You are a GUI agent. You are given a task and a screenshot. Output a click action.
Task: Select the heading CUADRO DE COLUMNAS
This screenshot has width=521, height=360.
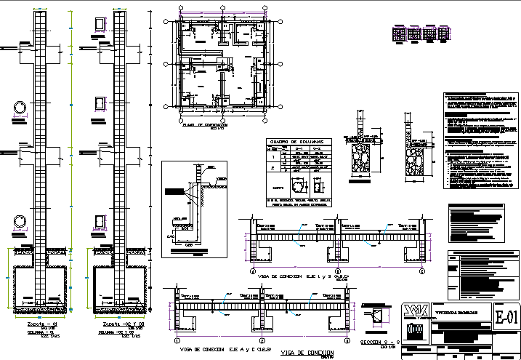(296, 140)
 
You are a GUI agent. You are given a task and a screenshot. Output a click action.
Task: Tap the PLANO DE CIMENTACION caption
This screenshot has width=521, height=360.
(206, 125)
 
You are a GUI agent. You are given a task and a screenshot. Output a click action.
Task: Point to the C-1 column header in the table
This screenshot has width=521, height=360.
(296, 148)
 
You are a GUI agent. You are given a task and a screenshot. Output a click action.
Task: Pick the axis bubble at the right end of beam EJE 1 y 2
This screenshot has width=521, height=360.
(421, 271)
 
